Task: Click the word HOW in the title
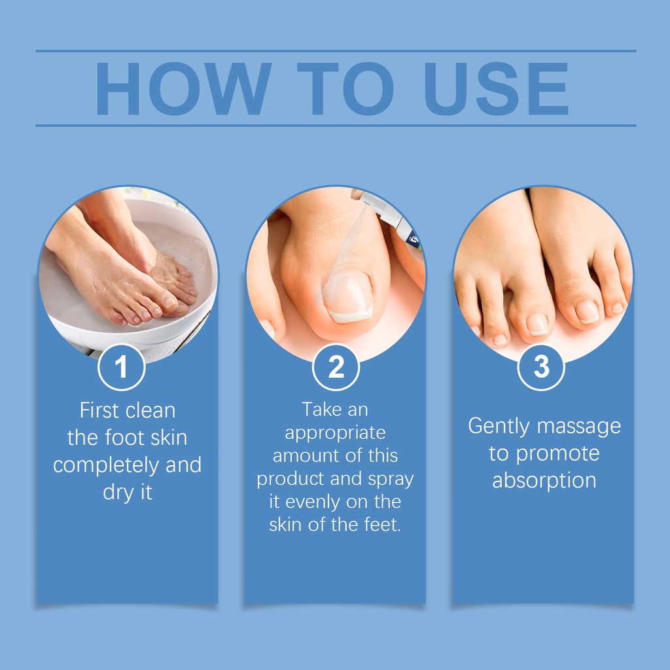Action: click(x=184, y=88)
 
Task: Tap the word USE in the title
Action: click(x=497, y=88)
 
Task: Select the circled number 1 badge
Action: click(x=121, y=367)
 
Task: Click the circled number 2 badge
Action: click(x=336, y=367)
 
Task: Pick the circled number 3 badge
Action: click(x=541, y=367)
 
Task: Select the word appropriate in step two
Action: click(x=336, y=434)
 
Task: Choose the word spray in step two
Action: click(x=391, y=480)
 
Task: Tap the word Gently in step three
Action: click(x=499, y=427)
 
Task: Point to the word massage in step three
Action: click(x=578, y=427)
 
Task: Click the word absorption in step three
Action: click(x=544, y=481)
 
